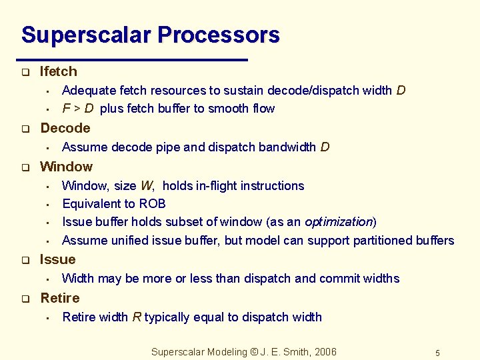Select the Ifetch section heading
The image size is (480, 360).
pos(58,71)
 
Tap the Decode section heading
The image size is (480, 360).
pos(65,128)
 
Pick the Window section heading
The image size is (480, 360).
pos(66,167)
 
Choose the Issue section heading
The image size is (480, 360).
pos(57,259)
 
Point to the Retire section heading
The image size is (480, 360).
pos(59,298)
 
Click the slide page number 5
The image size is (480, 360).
pos(437,353)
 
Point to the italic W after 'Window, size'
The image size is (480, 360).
pos(146,186)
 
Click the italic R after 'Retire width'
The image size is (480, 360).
pos(136,317)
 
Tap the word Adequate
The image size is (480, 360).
pos(87,91)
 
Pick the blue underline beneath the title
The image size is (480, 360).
pos(133,60)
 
